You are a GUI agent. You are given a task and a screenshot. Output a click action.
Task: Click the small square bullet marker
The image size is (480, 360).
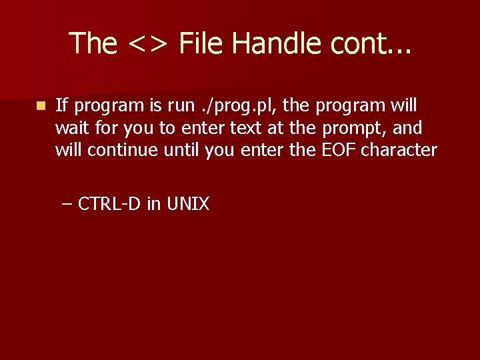pyautogui.click(x=41, y=105)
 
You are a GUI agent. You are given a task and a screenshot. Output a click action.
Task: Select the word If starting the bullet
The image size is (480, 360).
pyautogui.click(x=61, y=105)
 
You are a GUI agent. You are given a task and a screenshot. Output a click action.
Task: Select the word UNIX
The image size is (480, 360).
pyautogui.click(x=187, y=203)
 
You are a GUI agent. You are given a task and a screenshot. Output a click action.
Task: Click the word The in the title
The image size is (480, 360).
pyautogui.click(x=93, y=43)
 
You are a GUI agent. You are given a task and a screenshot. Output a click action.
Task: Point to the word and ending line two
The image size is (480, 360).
pyautogui.click(x=408, y=127)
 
